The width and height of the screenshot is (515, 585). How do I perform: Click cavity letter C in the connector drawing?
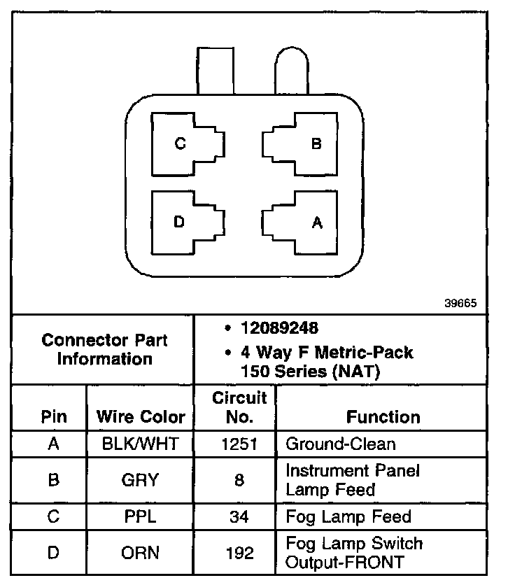coord(180,144)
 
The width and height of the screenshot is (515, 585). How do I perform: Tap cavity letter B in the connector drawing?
coord(316,144)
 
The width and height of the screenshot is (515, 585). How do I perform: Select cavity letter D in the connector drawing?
coord(179,223)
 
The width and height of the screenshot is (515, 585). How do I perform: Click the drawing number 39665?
coord(460,304)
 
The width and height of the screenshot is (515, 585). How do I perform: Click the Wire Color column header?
coord(141,418)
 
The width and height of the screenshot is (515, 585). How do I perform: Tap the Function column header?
coord(383,418)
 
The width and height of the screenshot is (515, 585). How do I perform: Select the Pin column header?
coord(54,418)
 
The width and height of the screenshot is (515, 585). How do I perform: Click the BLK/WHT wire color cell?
coord(140,444)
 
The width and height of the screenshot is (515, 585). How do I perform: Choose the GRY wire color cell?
coord(140,480)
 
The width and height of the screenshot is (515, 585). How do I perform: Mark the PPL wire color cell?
coord(140,517)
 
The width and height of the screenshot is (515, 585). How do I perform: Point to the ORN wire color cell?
coord(140,553)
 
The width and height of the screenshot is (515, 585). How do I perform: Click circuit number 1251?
coord(240,444)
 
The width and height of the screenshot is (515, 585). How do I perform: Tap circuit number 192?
coord(240,553)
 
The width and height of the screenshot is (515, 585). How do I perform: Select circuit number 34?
coord(240,517)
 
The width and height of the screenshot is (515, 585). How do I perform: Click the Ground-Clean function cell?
coord(341,444)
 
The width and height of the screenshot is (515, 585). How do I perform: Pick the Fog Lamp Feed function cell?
coord(348,517)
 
